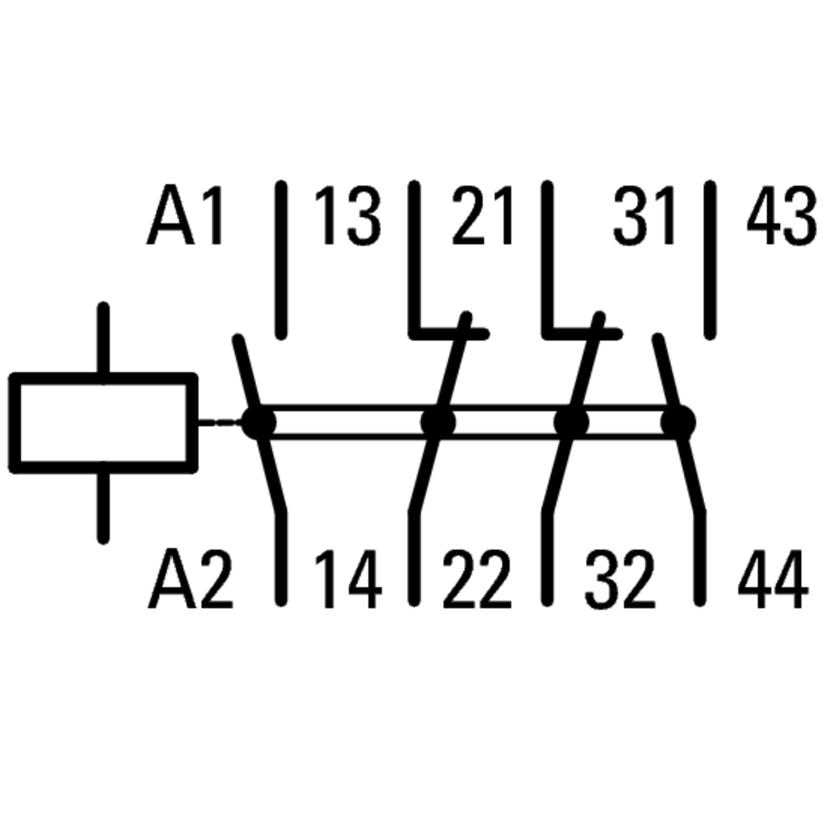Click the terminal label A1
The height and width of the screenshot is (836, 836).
click(185, 215)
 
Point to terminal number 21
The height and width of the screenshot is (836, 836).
click(482, 215)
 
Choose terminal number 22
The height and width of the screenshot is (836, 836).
click(477, 579)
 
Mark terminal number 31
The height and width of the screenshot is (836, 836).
click(644, 215)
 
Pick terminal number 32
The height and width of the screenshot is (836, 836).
click(620, 579)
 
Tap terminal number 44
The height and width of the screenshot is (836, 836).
click(773, 579)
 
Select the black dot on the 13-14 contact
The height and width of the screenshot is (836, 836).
click(258, 422)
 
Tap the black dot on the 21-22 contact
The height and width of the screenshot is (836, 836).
click(438, 422)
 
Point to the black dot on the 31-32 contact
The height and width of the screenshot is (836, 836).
click(571, 422)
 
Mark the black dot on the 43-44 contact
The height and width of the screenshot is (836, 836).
click(678, 422)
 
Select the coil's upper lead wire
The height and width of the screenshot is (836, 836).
click(103, 338)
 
